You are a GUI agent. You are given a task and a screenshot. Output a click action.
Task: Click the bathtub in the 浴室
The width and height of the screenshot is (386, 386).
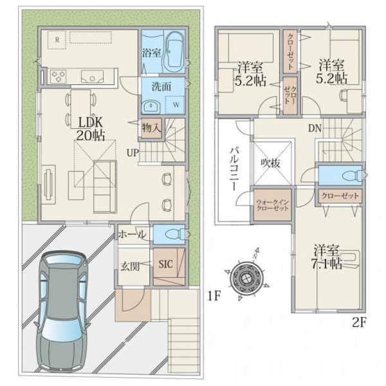175,52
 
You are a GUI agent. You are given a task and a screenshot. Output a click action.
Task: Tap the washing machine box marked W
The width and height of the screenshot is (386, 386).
175,105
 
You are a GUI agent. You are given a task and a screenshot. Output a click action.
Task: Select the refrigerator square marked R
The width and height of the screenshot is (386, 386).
57,40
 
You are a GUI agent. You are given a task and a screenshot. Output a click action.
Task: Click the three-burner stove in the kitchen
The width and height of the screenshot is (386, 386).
59,77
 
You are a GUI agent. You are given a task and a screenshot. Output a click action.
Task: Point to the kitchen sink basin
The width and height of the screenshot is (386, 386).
92,77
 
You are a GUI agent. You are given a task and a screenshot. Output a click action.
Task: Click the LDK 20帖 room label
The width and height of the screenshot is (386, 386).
90,128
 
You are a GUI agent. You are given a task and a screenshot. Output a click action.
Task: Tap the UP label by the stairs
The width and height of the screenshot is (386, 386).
133,153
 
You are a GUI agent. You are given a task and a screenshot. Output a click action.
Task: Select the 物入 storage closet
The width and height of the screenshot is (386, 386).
151,128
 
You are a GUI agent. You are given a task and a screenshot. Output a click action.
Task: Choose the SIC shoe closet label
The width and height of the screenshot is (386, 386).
166,264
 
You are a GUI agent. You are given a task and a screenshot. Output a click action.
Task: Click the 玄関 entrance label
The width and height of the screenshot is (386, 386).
130,266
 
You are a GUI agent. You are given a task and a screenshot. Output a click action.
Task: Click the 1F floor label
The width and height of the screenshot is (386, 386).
214,296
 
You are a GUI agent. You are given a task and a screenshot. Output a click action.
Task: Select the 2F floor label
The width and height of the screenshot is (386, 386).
360,322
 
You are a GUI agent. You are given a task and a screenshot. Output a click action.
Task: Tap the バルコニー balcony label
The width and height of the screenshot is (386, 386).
234,169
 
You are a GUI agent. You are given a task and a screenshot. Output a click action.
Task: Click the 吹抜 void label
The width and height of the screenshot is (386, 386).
271,163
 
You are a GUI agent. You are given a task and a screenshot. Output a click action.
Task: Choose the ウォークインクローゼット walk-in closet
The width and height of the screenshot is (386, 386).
273,205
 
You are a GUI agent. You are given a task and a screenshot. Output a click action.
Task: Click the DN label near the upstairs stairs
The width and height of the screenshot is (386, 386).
315,128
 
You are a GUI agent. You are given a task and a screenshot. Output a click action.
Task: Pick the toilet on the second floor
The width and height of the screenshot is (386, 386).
353,175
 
